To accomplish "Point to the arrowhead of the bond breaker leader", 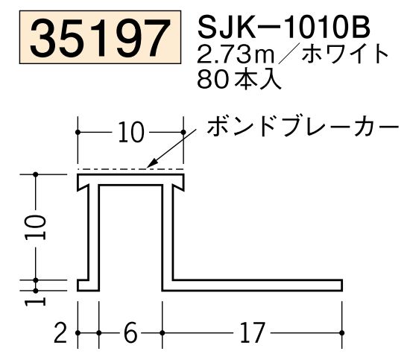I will coord(151,165).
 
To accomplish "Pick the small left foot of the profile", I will coord(83,285).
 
